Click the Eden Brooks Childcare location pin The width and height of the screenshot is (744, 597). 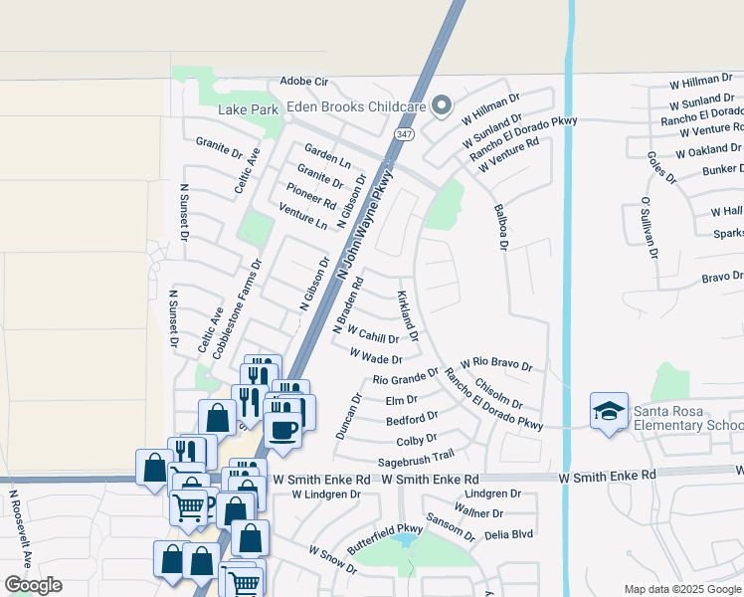pyautogui.click(x=442, y=105)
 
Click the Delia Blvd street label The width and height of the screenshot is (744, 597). pyautogui.click(x=508, y=534)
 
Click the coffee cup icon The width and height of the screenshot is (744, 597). pyautogui.click(x=282, y=430)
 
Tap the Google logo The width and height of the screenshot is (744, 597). pyautogui.click(x=33, y=585)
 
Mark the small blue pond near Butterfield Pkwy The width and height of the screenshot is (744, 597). pyautogui.click(x=404, y=540)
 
